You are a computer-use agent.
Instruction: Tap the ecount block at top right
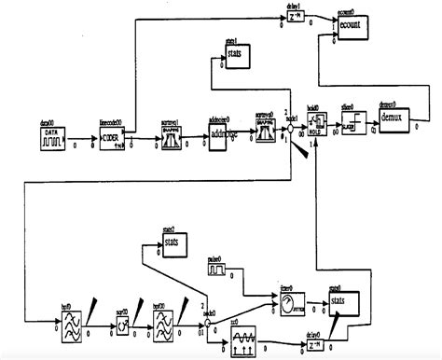click(x=351, y=27)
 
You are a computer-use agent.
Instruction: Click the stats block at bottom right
click(x=338, y=303)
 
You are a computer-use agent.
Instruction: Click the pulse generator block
click(x=218, y=270)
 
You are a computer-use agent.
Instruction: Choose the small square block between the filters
click(x=122, y=324)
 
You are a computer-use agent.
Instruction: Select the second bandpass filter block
click(x=165, y=323)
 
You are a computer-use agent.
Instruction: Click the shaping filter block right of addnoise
click(x=264, y=126)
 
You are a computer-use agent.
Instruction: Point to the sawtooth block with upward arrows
click(x=241, y=331)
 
